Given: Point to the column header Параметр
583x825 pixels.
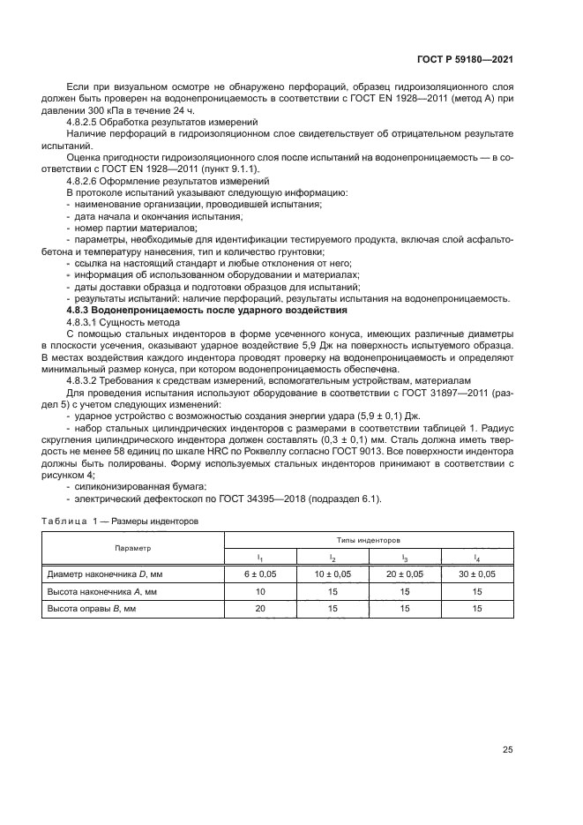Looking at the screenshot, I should tap(132, 547).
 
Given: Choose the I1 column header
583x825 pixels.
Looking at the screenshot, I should tap(260, 558).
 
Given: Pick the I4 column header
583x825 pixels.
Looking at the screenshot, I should tap(477, 558).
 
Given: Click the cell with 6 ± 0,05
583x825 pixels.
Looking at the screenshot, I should tap(260, 574).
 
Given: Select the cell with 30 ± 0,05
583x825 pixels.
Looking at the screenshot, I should tap(477, 574).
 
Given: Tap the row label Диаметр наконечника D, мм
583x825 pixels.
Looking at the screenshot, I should tap(102, 574).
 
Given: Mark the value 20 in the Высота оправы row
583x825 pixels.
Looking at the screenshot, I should tap(260, 609).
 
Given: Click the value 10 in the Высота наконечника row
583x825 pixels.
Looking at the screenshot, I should tap(260, 592).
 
